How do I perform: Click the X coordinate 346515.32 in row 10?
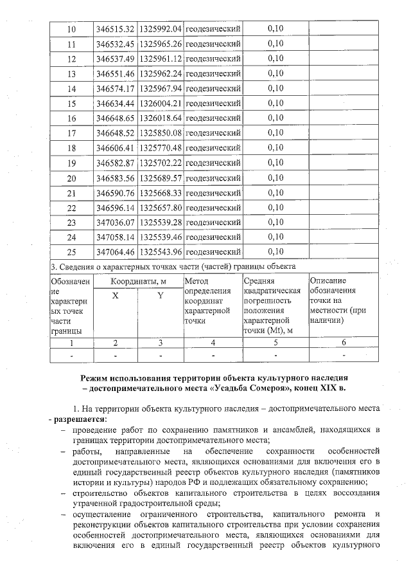point(115,29)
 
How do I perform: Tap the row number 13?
point(71,73)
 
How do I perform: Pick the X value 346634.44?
point(115,103)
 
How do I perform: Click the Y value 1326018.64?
point(160,118)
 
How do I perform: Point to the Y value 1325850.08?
point(160,133)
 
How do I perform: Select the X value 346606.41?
point(115,148)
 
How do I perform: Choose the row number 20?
point(71,177)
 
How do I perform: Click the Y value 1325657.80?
point(160,207)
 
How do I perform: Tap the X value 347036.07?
point(115,223)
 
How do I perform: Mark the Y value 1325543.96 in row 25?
point(160,251)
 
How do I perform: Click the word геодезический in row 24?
point(213,237)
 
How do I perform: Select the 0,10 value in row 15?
point(275,103)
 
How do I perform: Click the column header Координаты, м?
point(137,281)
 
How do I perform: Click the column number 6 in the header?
point(344,343)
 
